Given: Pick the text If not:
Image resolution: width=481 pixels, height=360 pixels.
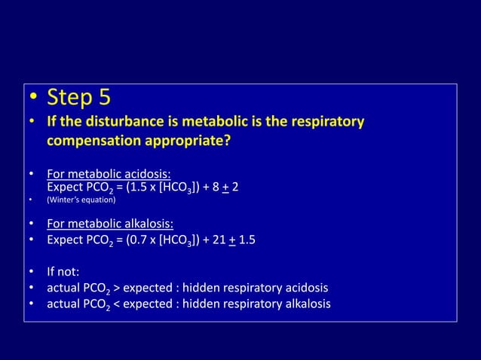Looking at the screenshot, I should (63, 270).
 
